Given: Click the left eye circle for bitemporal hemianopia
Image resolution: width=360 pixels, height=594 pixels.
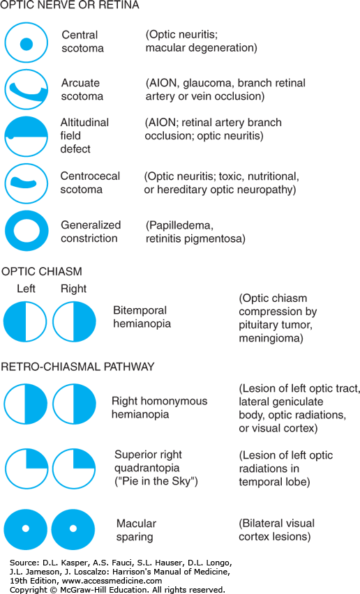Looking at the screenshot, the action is pyautogui.click(x=25, y=321).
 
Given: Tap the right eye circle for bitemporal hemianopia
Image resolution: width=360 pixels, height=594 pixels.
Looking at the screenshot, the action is pyautogui.click(x=74, y=321).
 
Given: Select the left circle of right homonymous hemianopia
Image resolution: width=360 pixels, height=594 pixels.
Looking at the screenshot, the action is pyautogui.click(x=26, y=404).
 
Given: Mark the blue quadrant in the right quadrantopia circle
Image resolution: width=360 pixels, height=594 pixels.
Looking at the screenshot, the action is pyautogui.click(x=83, y=459).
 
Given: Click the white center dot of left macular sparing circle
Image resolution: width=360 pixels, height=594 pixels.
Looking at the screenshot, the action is pyautogui.click(x=25, y=528).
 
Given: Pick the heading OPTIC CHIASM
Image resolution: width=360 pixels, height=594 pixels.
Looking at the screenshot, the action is pyautogui.click(x=42, y=271).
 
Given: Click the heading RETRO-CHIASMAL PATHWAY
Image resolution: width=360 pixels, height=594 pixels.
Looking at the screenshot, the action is pyautogui.click(x=77, y=366).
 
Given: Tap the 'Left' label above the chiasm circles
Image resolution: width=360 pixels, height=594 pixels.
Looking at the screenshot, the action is pyautogui.click(x=26, y=289).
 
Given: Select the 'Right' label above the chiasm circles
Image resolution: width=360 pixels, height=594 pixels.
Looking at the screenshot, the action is pyautogui.click(x=73, y=289).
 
